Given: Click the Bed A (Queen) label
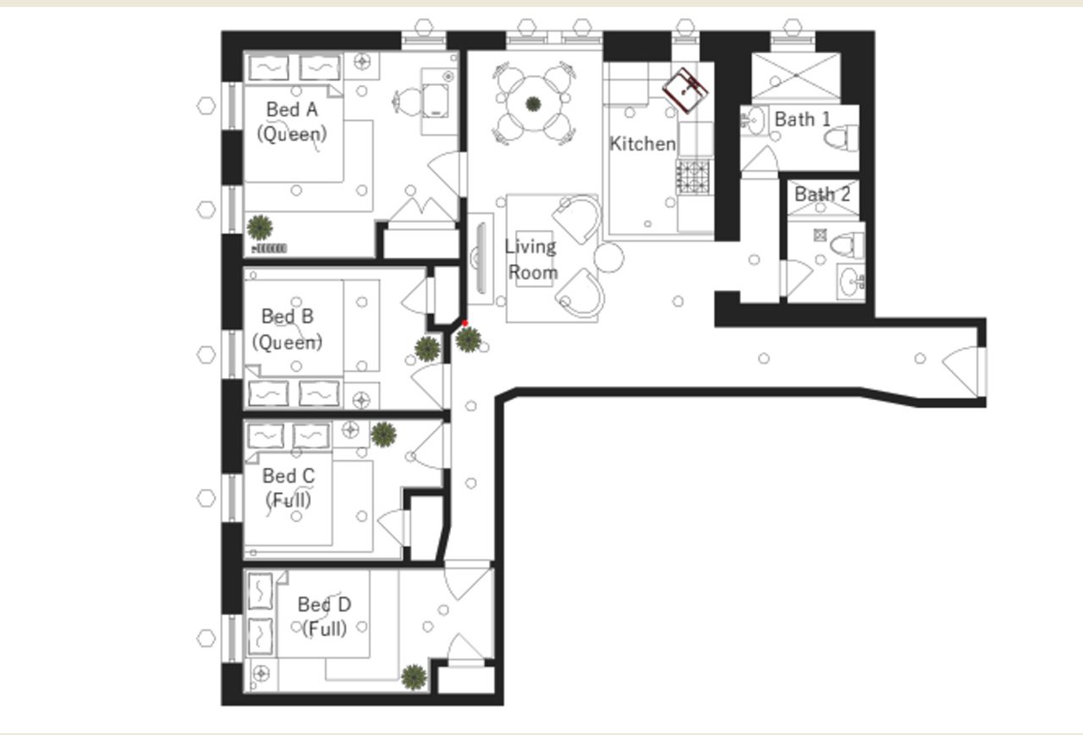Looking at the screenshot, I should tap(292, 121).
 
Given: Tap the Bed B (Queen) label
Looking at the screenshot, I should tap(288, 329).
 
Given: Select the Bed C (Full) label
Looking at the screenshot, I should tap(289, 488).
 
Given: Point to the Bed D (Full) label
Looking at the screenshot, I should tap(324, 617).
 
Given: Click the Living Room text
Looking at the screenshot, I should tap(531, 260).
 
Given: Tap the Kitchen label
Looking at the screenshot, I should tap(643, 144).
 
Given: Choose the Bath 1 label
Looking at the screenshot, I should tap(802, 119).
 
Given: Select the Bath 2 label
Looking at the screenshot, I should tap(822, 194).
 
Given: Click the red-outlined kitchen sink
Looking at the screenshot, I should tap(686, 89).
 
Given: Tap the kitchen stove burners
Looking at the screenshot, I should tap(693, 176).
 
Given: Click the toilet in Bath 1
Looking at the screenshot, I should tap(843, 138).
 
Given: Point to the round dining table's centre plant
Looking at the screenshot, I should tap(533, 104).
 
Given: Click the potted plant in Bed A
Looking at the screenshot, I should tap(260, 227).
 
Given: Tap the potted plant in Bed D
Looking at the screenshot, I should tap(413, 677).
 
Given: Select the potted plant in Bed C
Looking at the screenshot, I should tap(383, 434).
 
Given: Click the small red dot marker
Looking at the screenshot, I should tap(465, 323).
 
